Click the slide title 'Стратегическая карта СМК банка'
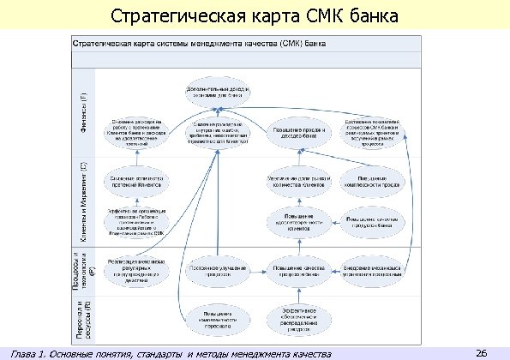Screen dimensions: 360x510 (x=255, y=16)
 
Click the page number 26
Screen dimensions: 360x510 (x=481, y=352)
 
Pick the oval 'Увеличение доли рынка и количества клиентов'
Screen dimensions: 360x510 (x=298, y=181)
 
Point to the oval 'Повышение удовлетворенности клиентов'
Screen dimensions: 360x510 (x=298, y=220)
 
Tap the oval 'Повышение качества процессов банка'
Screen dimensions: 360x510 (x=298, y=269)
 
